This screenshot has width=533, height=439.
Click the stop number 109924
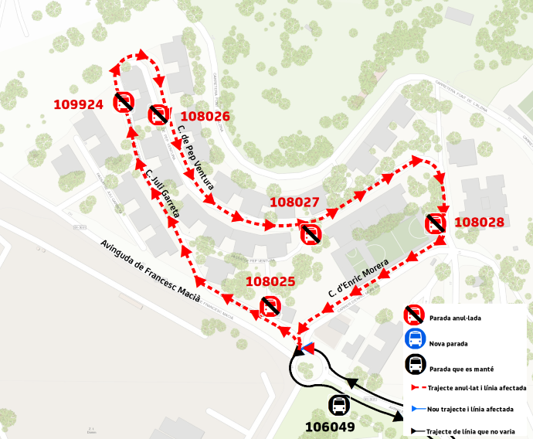78,104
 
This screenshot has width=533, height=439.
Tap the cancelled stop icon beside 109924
124,103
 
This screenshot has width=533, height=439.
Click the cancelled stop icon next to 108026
158,115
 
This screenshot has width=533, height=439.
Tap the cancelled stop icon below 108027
311,234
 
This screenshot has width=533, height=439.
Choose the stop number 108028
479,223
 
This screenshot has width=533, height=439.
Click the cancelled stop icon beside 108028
435,224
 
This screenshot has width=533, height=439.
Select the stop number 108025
270,281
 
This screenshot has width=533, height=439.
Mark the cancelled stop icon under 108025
270,306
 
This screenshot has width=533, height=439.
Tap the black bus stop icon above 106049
338,404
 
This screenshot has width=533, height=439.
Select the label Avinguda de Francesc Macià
150,271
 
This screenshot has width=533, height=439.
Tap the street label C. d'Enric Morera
358,283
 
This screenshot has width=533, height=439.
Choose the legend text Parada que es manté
462,368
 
